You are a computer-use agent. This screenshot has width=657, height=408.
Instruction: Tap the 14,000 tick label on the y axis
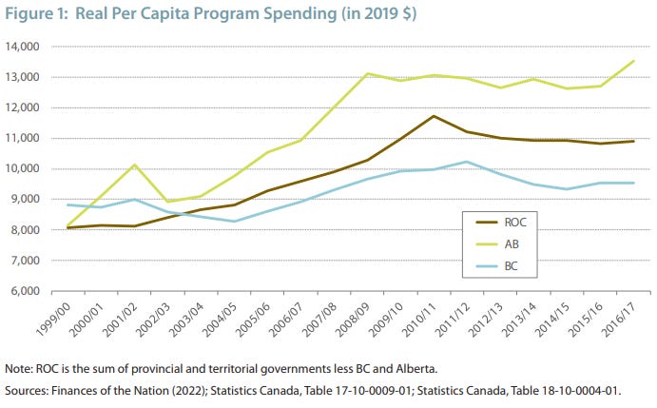coord(23,47)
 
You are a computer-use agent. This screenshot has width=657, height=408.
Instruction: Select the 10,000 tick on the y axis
coord(23,169)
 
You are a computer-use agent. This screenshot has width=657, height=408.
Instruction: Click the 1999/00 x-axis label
coord(53,320)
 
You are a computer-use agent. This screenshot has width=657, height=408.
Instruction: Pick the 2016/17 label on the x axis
coord(618,320)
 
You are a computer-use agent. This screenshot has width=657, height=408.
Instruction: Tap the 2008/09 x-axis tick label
coord(353,320)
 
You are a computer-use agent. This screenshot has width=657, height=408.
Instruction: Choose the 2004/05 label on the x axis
coord(220,320)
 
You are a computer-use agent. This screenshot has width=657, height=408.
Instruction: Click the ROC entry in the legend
coord(501,223)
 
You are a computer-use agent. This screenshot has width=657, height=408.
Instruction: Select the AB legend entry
coord(497,244)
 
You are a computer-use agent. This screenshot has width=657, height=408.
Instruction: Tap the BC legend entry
coord(497,266)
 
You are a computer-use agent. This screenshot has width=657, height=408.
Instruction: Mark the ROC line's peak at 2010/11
coord(434,116)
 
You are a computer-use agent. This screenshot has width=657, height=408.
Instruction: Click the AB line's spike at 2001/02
coord(134,165)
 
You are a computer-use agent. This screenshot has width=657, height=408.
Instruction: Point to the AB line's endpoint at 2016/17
coord(633,61)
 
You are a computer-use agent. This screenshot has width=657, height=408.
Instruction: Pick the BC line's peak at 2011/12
coord(467,162)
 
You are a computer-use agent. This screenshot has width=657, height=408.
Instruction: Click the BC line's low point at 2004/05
coord(234,222)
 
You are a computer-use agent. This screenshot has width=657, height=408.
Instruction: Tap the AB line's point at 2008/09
coord(367,74)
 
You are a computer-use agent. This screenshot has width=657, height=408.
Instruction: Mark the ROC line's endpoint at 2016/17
coord(633,142)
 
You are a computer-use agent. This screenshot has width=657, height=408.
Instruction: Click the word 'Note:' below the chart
coord(19,369)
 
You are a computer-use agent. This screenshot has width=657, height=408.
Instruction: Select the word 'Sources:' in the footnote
coord(27,391)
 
